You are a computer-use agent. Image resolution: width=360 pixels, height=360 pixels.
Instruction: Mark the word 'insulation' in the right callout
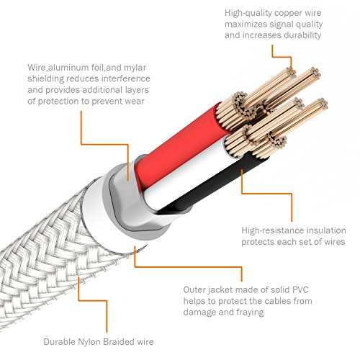point(326,230)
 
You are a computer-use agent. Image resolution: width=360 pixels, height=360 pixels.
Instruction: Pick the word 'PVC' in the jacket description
point(300,289)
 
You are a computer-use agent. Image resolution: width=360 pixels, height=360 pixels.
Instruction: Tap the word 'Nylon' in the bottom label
point(86,342)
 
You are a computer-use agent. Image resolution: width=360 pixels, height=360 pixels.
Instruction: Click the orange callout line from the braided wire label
point(107,300)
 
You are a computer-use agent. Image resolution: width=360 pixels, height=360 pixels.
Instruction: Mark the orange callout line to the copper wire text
point(282,57)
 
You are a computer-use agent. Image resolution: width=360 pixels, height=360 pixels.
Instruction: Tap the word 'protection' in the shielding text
point(59,101)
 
